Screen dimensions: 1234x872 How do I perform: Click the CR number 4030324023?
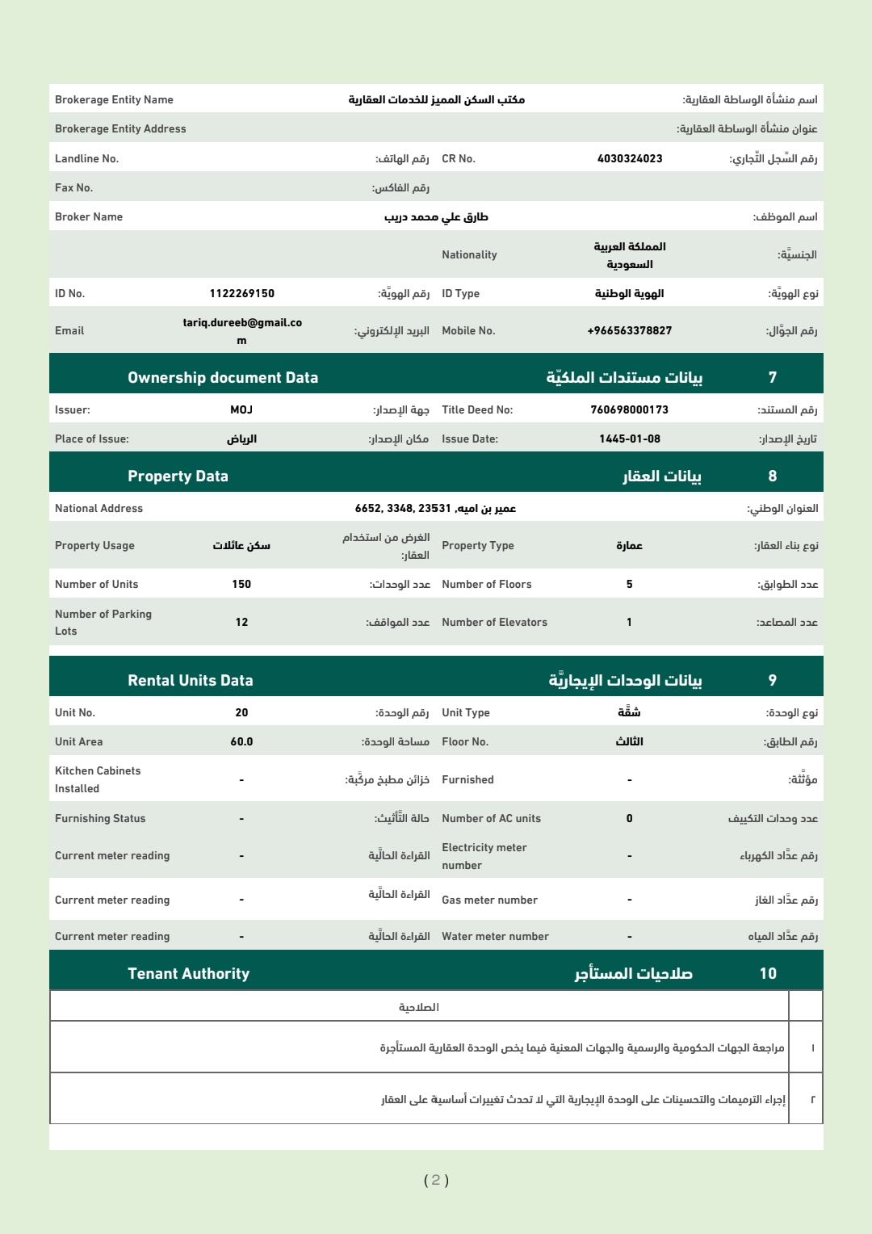coord(630,158)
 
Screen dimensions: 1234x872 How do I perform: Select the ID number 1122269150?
coord(241,293)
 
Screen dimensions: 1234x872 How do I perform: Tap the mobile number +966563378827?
coord(630,330)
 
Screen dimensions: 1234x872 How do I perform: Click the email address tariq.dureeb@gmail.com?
coord(241,331)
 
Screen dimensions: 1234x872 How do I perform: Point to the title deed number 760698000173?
coord(630,409)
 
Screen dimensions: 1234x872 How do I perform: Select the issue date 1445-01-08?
coord(630,439)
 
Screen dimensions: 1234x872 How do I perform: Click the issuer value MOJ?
coord(241,409)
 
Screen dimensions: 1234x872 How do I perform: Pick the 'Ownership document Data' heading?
coord(223,377)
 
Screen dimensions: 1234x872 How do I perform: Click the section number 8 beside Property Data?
coord(773,476)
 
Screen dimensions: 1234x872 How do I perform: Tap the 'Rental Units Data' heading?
coord(191,680)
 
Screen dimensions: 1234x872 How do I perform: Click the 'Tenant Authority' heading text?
coord(188,973)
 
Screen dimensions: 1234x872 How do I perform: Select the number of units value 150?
coord(241,584)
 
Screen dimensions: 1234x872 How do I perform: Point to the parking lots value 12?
coord(241,622)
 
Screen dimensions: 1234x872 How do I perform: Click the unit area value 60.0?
coord(241,741)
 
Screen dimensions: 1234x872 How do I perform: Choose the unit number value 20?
coord(241,712)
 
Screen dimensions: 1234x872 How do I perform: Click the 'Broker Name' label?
coord(89,216)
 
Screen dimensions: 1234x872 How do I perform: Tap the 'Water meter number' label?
coord(495,936)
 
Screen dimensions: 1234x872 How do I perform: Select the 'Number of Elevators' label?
coord(494,622)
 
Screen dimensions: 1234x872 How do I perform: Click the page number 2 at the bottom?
coord(436,1180)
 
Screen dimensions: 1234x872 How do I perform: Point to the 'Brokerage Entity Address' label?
coord(120,128)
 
